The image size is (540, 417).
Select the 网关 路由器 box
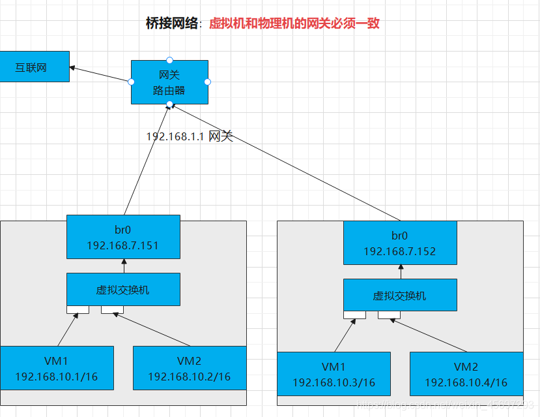169,82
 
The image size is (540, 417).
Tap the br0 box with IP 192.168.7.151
123,237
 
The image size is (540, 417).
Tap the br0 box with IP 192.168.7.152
400,243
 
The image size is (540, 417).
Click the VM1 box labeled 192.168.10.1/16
57,368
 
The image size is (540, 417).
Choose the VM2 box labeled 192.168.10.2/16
190,368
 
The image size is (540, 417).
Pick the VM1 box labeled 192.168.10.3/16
334,374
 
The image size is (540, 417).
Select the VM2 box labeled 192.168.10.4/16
466,374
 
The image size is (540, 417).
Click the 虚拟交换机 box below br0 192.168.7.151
123,289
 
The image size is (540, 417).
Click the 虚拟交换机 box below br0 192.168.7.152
400,295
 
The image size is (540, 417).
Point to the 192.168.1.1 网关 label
189,136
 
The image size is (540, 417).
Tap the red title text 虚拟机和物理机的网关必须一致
294,24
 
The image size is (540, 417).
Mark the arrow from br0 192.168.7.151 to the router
147,160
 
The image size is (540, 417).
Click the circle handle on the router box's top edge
169,60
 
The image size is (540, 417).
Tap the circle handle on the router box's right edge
208,82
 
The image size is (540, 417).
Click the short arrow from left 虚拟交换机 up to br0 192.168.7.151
124,266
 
